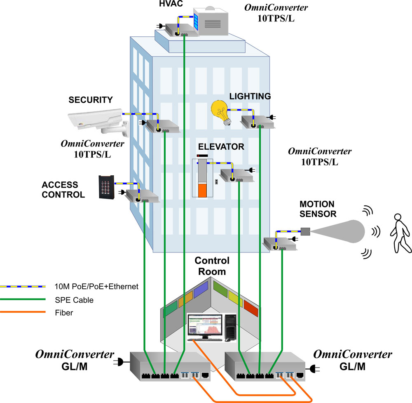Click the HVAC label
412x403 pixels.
170,5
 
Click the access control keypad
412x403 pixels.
106,187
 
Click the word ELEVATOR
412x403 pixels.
221,146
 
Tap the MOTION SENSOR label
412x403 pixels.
317,209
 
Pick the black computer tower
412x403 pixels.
230,327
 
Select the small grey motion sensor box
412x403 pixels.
305,231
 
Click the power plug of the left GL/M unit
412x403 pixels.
121,363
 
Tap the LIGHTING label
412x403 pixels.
250,97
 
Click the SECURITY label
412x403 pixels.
91,99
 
